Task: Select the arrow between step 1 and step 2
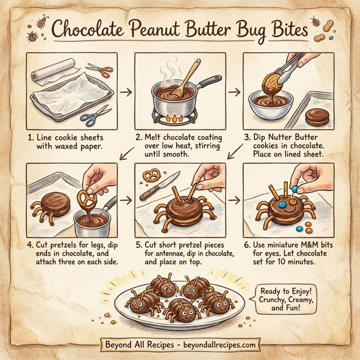tap(126, 92)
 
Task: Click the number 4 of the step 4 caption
tap(31, 245)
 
